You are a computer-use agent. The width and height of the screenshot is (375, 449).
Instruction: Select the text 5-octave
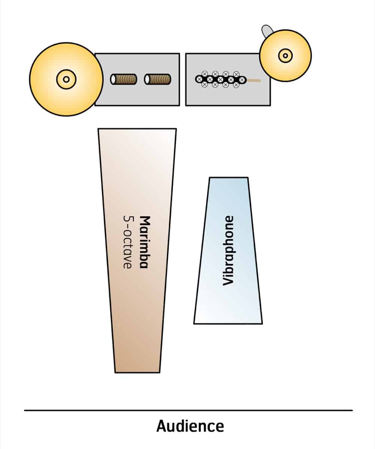[x=127, y=241]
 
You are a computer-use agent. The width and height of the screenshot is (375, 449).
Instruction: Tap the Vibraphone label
[x=228, y=250]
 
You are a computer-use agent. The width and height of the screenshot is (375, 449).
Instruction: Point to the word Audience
[x=190, y=426]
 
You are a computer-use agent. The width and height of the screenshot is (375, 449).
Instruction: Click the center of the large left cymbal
[x=66, y=79]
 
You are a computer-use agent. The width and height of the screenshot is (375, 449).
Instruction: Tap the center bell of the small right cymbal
[x=285, y=56]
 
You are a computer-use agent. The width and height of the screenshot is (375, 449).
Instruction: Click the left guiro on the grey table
[x=124, y=79]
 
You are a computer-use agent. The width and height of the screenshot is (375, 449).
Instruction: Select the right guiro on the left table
[x=158, y=79]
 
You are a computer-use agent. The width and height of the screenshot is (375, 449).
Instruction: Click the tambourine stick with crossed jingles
[x=220, y=79]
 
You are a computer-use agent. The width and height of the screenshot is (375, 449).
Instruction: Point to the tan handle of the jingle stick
[x=254, y=80]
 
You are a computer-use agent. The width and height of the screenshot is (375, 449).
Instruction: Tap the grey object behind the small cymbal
[x=266, y=30]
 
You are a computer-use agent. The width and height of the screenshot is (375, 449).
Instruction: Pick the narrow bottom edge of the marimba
[x=137, y=372]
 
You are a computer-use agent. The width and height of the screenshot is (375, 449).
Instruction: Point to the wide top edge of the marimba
[x=137, y=129]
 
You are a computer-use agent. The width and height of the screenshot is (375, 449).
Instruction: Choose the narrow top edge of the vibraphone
[x=229, y=178]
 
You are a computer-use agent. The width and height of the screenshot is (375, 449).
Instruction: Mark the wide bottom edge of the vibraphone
[x=228, y=323]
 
